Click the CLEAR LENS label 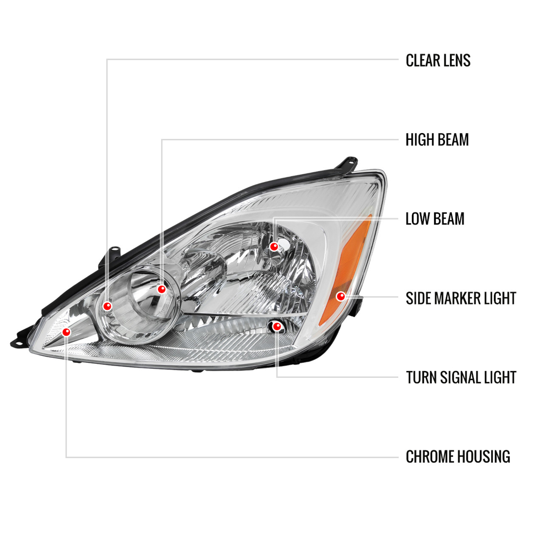[x=438, y=60]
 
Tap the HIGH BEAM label [x=437, y=140]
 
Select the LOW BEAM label [x=435, y=219]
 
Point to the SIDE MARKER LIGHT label [x=461, y=298]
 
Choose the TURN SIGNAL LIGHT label [x=461, y=377]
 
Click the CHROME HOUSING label [x=458, y=457]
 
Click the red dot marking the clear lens [x=107, y=306]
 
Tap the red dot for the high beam [x=161, y=289]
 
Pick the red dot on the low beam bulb [x=274, y=246]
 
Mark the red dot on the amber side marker [x=340, y=296]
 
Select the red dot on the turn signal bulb [x=277, y=326]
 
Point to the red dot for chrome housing [x=66, y=332]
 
